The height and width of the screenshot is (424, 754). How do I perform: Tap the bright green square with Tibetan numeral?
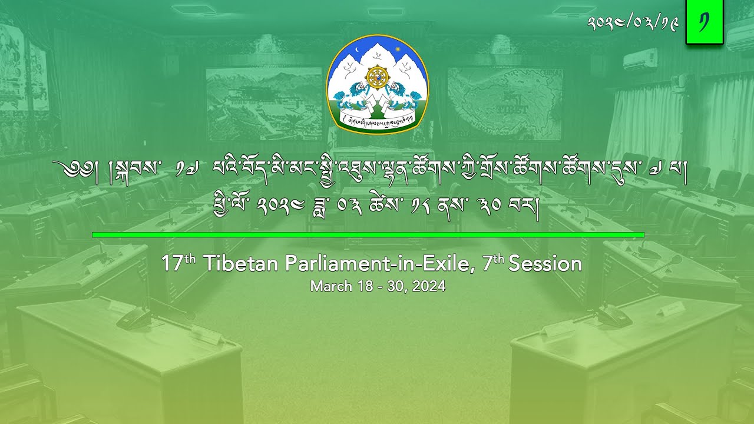[x=704, y=22]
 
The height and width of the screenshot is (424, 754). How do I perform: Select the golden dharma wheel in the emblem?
[x=377, y=78]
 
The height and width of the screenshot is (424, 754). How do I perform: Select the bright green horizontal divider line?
[x=368, y=235]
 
